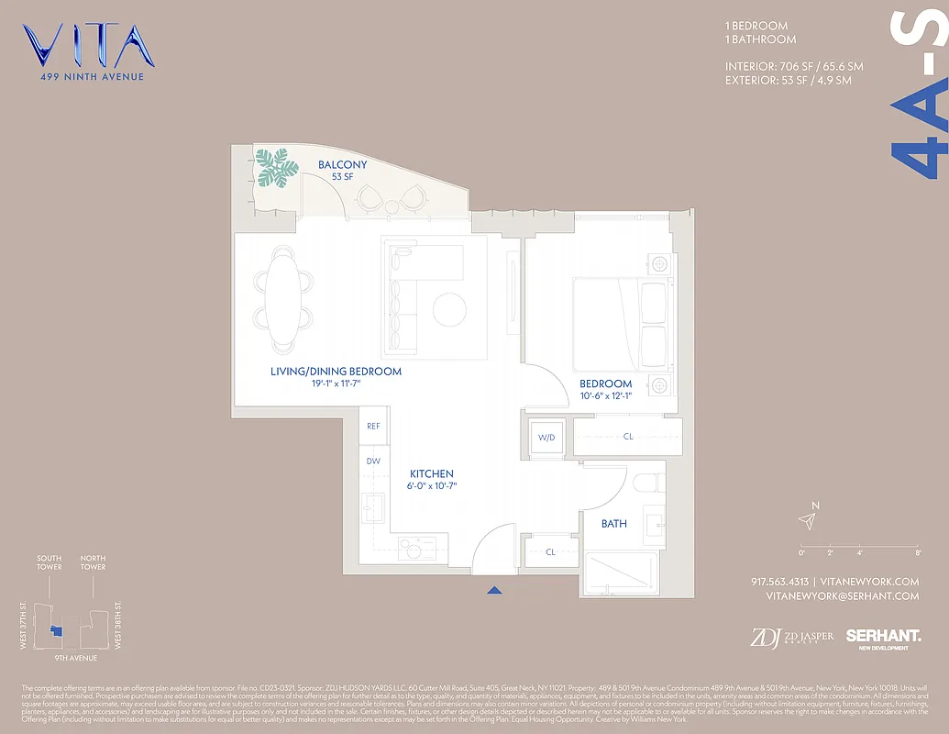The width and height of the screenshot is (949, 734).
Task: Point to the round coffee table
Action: click(x=450, y=309)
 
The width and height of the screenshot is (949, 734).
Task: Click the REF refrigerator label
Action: click(x=373, y=427)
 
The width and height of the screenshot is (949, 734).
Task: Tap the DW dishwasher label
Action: click(x=373, y=462)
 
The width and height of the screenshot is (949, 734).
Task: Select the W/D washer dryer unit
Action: click(x=546, y=437)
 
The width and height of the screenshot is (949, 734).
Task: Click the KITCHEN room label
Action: click(x=431, y=473)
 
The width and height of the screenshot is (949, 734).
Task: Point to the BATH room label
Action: click(x=614, y=524)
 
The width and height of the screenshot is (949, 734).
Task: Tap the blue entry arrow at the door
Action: click(x=495, y=592)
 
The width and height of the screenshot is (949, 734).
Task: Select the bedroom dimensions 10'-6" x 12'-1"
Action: click(x=605, y=396)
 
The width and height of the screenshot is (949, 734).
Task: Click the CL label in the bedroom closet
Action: click(x=628, y=437)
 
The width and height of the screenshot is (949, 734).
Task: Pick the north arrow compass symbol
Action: click(x=807, y=520)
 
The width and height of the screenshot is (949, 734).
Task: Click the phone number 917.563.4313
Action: click(x=779, y=582)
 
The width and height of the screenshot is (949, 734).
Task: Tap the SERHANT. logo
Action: click(x=883, y=636)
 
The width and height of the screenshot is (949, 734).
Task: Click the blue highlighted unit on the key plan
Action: click(x=56, y=630)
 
